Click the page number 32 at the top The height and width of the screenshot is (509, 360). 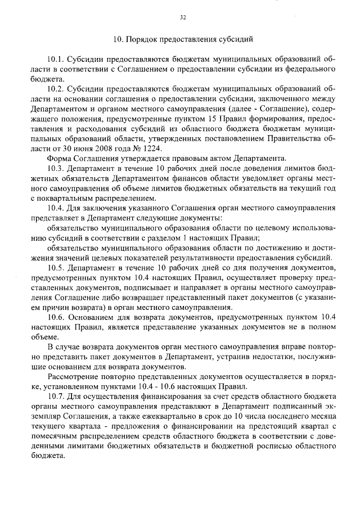click(x=183, y=17)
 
